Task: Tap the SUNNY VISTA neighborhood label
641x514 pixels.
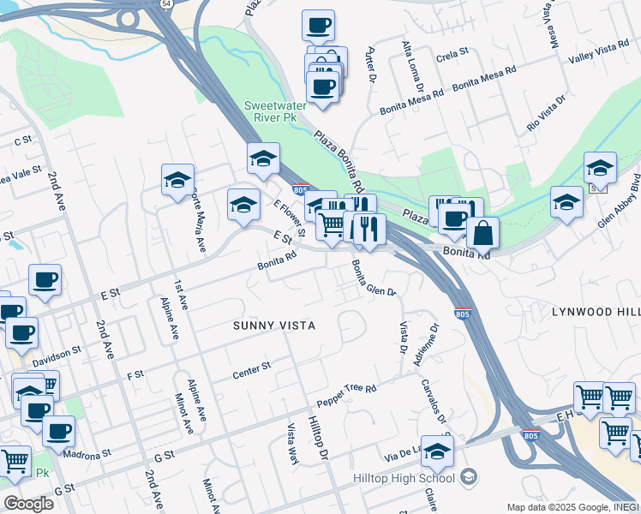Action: pyautogui.click(x=274, y=326)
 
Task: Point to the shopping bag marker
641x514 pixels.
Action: pyautogui.click(x=482, y=231)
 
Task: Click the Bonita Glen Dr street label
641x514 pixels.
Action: pyautogui.click(x=374, y=279)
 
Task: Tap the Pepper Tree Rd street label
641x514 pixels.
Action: pyautogui.click(x=347, y=395)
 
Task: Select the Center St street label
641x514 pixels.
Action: pyautogui.click(x=251, y=371)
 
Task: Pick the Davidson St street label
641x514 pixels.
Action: pyautogui.click(x=57, y=356)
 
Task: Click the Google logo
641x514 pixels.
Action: pyautogui.click(x=28, y=503)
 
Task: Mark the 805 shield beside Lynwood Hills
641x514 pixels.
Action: pyautogui.click(x=463, y=314)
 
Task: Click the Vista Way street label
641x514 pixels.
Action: pyautogui.click(x=292, y=444)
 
